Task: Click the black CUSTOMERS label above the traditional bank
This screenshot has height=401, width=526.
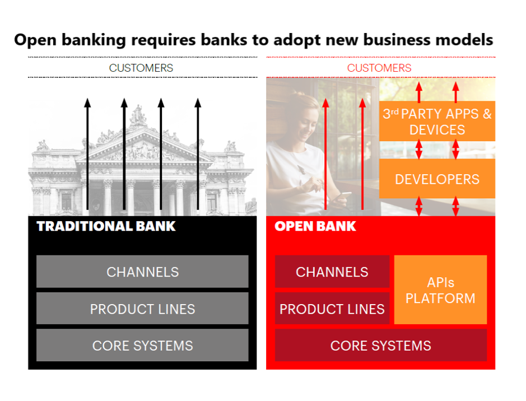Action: pos(141,68)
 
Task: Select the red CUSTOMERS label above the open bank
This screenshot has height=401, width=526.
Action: pos(379,68)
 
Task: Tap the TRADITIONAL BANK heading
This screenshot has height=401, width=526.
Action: pos(106,226)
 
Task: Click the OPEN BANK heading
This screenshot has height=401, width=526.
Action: pos(315,226)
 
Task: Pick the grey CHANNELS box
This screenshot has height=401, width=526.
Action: pos(142,272)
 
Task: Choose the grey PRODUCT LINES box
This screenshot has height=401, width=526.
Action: pos(142,309)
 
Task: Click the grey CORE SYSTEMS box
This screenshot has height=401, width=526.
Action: pos(142,346)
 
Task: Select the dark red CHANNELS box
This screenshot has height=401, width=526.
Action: pos(332,272)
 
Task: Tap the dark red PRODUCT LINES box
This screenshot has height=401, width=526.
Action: pos(332,309)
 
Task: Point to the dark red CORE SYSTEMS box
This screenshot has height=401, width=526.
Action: pos(381,346)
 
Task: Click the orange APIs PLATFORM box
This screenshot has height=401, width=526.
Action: pos(440,290)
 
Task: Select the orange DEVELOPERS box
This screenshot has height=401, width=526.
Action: pos(437,179)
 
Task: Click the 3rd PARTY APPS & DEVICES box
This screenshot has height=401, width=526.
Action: pos(437,122)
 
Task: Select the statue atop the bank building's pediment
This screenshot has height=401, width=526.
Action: pos(138,115)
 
